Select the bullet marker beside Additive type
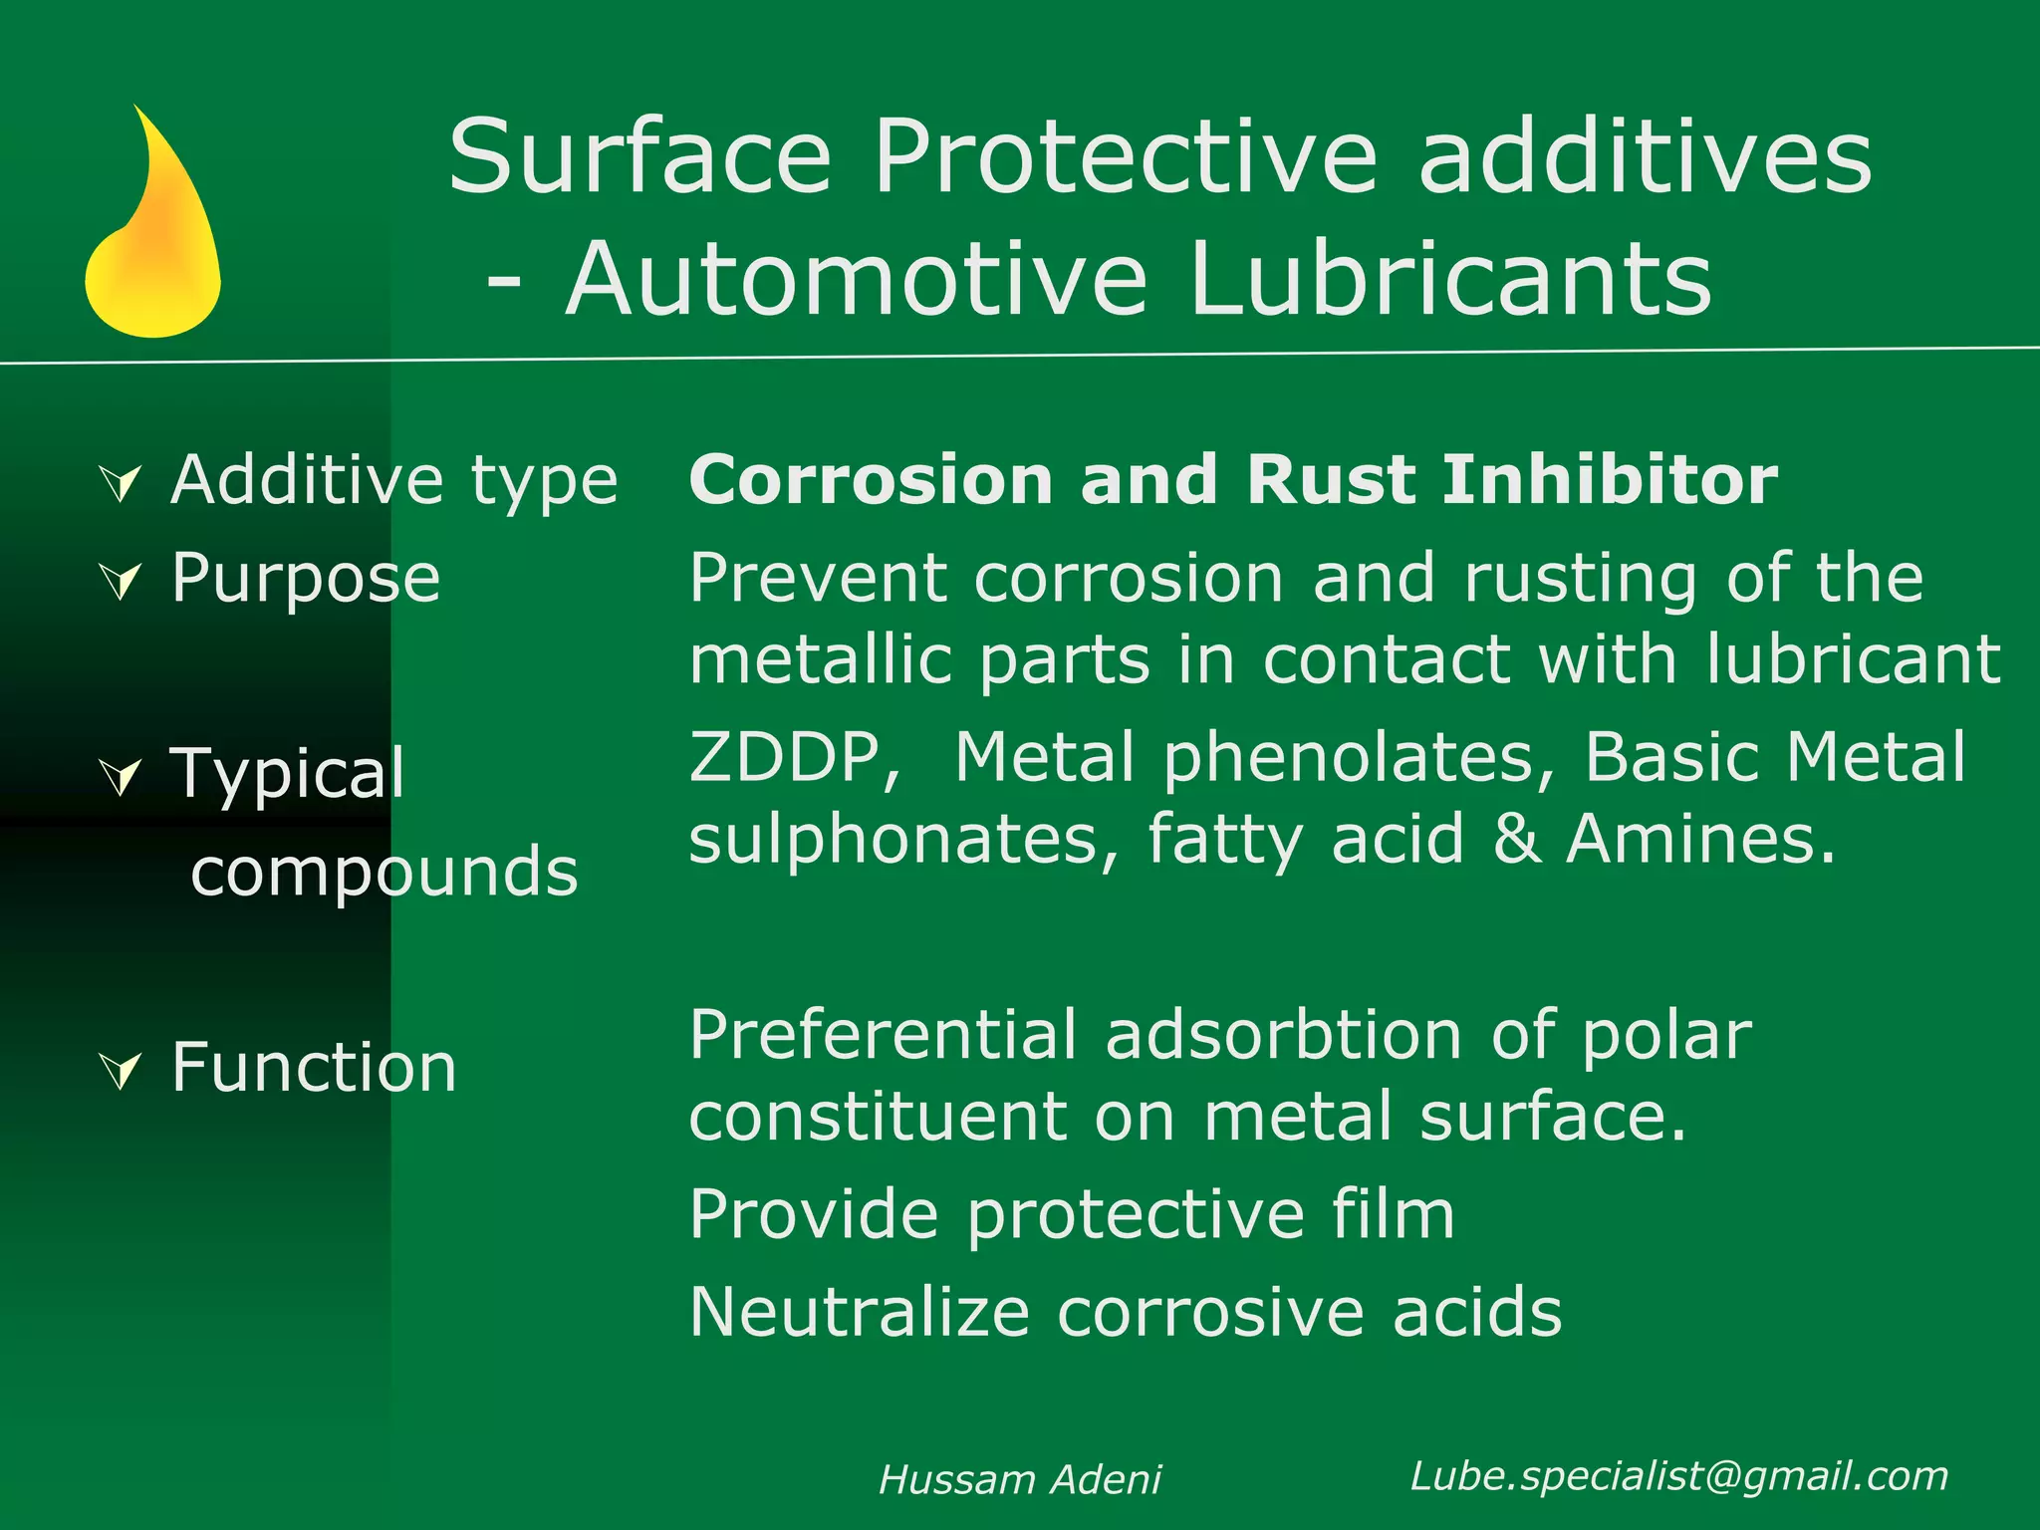pos(122,484)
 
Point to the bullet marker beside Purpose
pos(122,581)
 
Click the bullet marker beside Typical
pos(122,776)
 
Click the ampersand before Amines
pos(1515,840)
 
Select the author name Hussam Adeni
pos(1020,1480)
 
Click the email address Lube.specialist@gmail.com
pos(1679,1476)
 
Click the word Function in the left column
pos(314,1068)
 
